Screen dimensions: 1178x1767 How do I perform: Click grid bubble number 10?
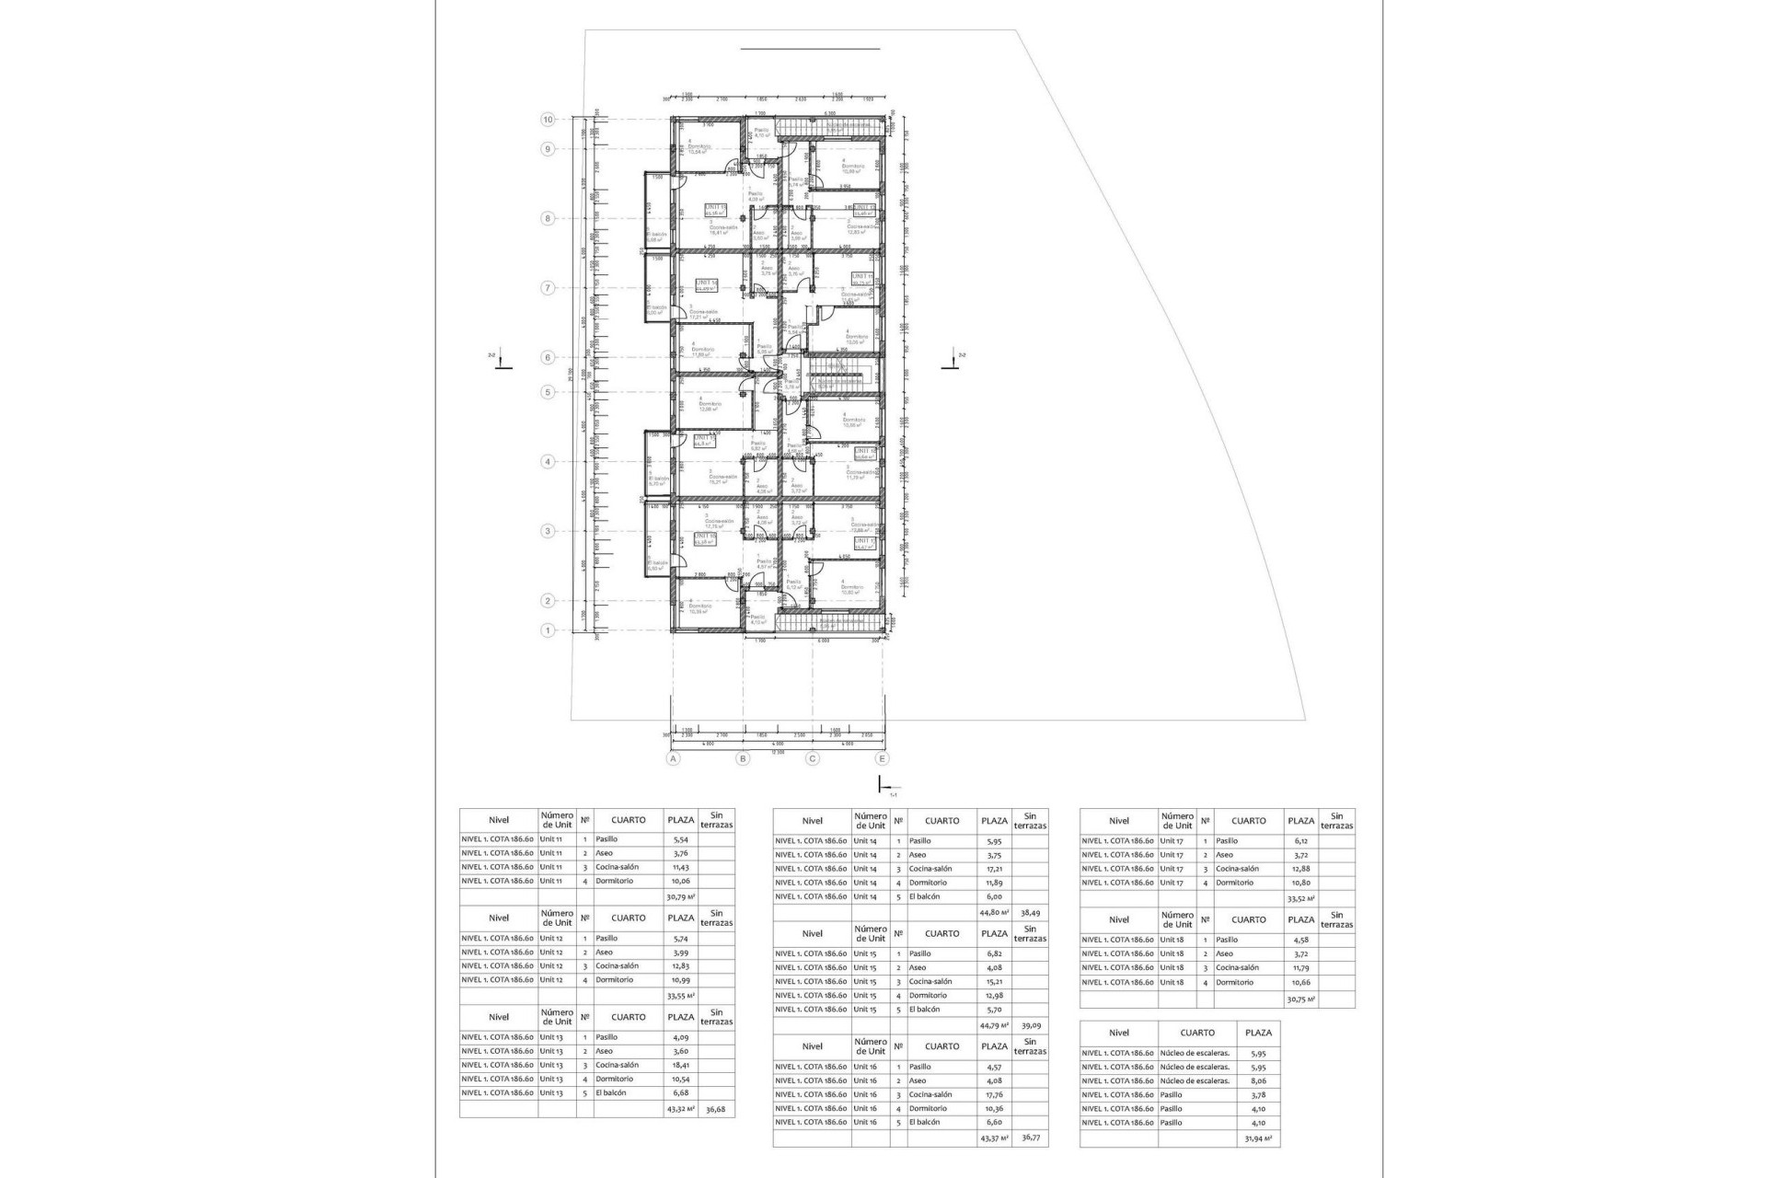(x=548, y=120)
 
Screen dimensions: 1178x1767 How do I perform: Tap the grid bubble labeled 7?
(x=548, y=288)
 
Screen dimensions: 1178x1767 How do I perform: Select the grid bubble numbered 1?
(x=548, y=630)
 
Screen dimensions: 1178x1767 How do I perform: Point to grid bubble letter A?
(x=674, y=758)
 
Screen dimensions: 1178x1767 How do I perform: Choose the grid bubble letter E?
(x=883, y=758)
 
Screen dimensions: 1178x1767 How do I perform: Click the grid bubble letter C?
(x=813, y=758)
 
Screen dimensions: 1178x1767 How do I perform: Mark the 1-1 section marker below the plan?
(x=884, y=787)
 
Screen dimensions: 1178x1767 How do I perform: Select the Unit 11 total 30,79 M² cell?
(x=680, y=895)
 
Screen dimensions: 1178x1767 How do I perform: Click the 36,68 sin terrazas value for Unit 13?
(x=716, y=1109)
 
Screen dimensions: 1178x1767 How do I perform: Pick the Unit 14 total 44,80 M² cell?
(x=994, y=912)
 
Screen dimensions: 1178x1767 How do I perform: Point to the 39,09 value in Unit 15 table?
(x=1030, y=1024)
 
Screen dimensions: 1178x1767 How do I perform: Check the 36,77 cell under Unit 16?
(x=1030, y=1138)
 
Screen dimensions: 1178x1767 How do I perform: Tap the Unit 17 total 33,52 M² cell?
(x=1300, y=898)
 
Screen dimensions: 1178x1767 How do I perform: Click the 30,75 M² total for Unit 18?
(x=1300, y=999)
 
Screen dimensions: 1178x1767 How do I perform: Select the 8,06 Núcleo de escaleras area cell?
(x=1258, y=1080)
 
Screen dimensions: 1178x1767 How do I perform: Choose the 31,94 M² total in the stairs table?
(x=1258, y=1138)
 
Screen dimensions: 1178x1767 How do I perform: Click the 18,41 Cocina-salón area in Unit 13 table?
(x=680, y=1065)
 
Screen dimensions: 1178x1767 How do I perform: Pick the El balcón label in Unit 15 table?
(x=924, y=1010)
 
